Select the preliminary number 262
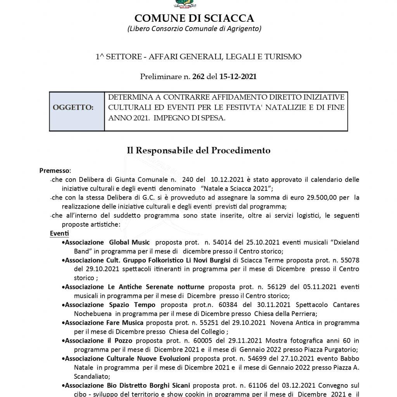[x=198, y=76]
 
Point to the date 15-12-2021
[x=238, y=76]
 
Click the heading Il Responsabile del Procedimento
[x=198, y=150]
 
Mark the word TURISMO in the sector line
[x=283, y=57]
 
